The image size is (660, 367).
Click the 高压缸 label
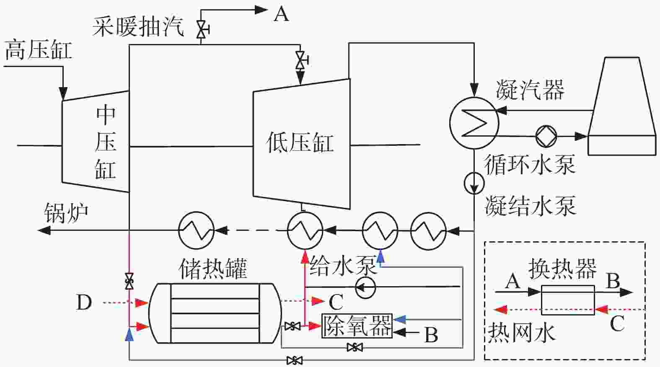[38, 50]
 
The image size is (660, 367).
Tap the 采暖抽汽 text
[138, 26]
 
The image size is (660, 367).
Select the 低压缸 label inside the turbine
[300, 142]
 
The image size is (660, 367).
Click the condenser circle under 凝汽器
[474, 123]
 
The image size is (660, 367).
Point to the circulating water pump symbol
[546, 136]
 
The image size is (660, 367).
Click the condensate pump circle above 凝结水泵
[474, 183]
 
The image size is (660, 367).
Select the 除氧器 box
[357, 326]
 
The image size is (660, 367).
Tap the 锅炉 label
[66, 213]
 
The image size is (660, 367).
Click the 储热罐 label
[213, 269]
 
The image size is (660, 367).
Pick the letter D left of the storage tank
[84, 302]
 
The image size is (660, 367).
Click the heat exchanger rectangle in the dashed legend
[567, 300]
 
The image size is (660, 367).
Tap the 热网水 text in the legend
[522, 333]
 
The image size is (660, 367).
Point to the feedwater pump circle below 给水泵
[365, 288]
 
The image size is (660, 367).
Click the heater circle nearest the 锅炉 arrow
[196, 230]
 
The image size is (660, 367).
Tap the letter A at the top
[281, 14]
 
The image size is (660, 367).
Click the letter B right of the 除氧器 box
[431, 335]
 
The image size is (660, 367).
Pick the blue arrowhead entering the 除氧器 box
[399, 319]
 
